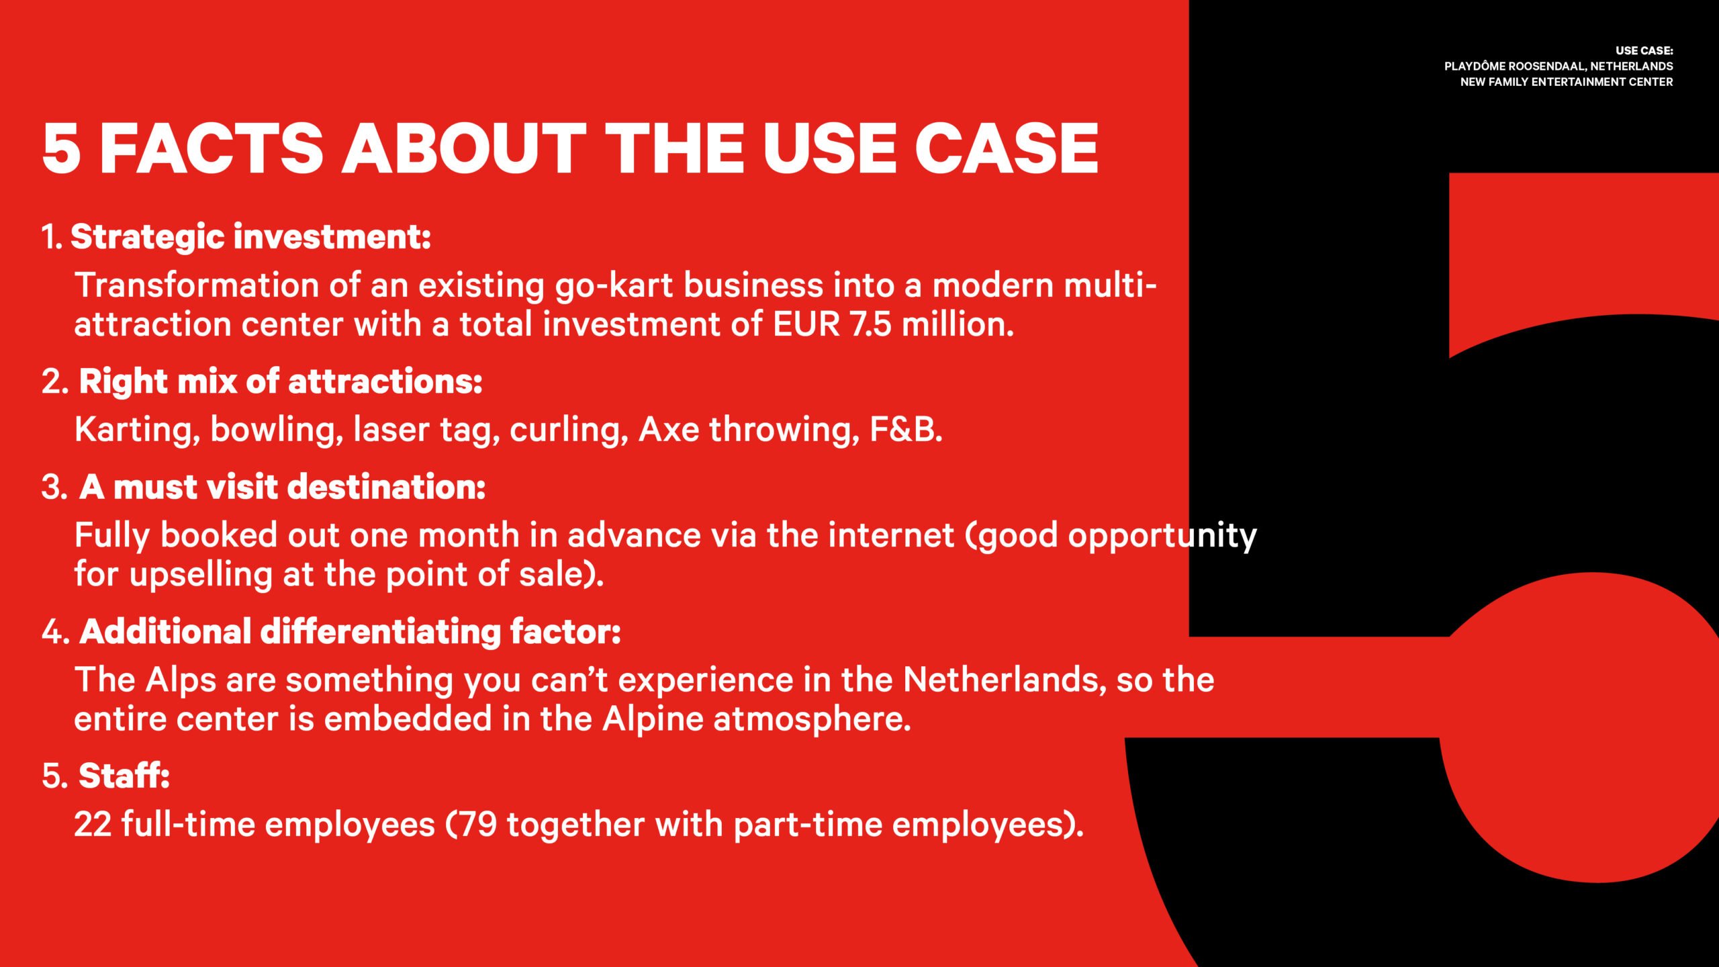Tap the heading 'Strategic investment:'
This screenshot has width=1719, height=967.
(251, 238)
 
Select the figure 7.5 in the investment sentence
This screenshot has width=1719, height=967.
(871, 325)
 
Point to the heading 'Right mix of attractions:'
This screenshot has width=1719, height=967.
(281, 382)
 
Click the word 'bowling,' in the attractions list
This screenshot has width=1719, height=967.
(277, 430)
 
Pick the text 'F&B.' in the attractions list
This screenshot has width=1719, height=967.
(906, 430)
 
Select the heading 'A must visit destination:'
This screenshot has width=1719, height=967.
(283, 487)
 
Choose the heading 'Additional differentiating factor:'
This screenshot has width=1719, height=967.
(351, 632)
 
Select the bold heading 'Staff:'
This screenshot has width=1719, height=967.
(124, 776)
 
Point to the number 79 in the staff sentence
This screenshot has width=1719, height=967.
(477, 825)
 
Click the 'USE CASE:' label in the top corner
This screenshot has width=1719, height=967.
(1644, 51)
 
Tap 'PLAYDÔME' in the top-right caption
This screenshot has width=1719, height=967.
(1475, 66)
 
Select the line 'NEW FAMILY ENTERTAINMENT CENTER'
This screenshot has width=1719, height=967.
(1567, 82)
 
